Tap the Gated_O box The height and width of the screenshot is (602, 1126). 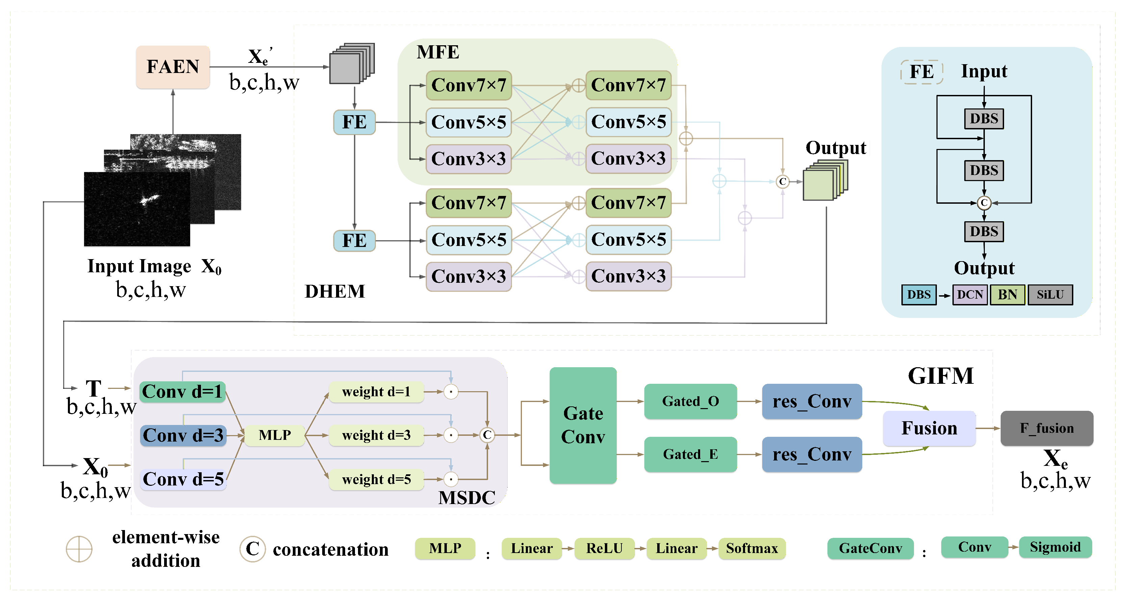(x=690, y=401)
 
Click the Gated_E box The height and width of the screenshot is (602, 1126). (x=690, y=454)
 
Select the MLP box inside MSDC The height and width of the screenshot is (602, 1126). (x=275, y=435)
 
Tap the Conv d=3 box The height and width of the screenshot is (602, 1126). (x=183, y=435)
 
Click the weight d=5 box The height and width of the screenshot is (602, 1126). (x=376, y=480)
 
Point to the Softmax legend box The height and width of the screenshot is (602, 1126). (x=752, y=548)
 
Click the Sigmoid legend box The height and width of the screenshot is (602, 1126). (x=1055, y=547)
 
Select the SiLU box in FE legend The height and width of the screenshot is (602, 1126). (x=1050, y=295)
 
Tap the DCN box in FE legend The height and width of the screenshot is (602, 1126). (x=970, y=295)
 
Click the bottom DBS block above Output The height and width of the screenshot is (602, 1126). (x=983, y=231)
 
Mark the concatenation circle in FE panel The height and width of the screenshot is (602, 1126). (x=983, y=203)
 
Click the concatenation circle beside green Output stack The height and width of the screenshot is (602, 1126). (x=783, y=181)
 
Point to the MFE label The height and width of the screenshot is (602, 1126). (x=438, y=52)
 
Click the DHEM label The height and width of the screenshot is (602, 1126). (x=334, y=291)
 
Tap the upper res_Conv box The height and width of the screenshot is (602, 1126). (x=812, y=401)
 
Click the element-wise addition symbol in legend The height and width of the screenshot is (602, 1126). (x=79, y=549)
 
